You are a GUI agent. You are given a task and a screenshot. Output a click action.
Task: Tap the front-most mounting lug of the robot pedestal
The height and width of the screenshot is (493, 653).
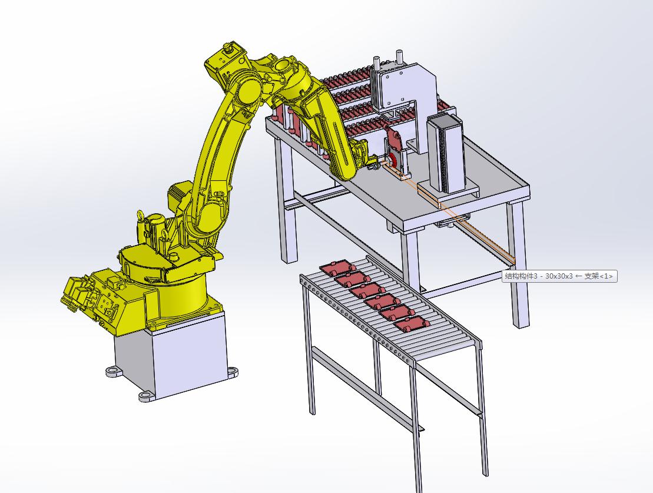(x=146, y=395)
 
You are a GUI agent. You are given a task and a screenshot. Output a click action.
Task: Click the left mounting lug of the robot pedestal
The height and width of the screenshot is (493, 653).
(x=112, y=370)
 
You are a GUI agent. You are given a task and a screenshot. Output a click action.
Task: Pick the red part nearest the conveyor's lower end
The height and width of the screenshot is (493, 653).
(x=411, y=323)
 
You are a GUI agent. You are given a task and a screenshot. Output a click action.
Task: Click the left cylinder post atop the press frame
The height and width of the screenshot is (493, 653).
(x=376, y=65)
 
